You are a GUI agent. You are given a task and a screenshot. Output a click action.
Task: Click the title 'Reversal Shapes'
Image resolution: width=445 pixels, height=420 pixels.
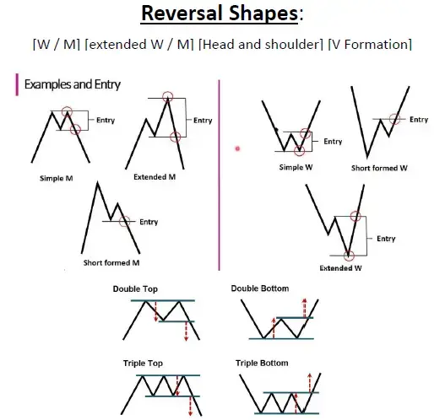219,13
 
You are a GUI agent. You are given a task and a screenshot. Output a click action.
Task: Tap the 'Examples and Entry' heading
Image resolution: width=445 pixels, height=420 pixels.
73,84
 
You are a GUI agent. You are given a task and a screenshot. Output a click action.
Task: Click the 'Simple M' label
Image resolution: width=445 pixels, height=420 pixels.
57,178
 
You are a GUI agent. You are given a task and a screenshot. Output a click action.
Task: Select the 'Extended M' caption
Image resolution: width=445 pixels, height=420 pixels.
155,177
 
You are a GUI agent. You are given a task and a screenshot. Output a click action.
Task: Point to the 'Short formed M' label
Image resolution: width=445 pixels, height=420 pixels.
111,263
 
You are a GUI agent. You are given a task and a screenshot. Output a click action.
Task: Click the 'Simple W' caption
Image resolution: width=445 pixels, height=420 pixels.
296,167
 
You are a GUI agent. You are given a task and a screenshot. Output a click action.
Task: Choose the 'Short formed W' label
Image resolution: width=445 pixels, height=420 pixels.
379,168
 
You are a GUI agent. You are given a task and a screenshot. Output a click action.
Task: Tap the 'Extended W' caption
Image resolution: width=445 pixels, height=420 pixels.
340,268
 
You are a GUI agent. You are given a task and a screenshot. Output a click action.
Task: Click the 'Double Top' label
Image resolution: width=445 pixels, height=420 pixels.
135,289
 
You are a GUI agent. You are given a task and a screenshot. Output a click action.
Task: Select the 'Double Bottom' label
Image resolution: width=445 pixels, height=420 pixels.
260,288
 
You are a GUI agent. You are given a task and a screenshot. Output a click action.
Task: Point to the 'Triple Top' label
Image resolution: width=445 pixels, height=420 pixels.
143,363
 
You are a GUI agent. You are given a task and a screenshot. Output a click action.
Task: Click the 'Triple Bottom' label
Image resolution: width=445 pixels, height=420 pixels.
262,363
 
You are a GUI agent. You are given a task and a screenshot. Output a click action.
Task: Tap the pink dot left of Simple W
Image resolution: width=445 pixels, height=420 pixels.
237,148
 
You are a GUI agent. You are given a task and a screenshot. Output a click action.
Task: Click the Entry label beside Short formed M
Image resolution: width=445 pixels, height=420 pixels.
149,222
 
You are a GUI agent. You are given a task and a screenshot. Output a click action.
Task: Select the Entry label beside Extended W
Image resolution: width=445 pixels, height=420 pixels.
386,239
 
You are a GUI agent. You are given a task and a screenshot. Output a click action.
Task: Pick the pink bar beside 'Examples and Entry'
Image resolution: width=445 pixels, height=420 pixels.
17,84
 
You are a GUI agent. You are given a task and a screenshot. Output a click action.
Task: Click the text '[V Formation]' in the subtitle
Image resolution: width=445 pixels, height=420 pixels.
370,45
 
